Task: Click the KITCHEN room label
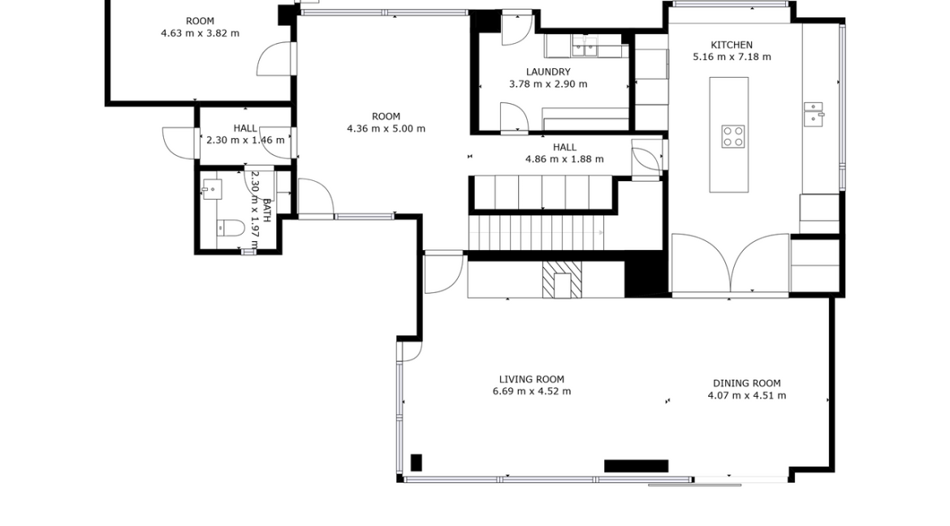(x=732, y=45)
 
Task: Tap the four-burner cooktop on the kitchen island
(x=733, y=136)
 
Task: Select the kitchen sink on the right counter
(x=813, y=114)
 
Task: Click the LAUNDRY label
(x=548, y=72)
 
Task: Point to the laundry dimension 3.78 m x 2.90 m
(x=548, y=84)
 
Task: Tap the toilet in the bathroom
(x=231, y=227)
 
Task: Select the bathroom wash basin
(x=212, y=190)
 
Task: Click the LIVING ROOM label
(x=531, y=379)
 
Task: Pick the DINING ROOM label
(x=746, y=384)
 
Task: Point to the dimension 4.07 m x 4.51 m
(x=746, y=395)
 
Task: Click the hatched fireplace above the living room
(x=562, y=279)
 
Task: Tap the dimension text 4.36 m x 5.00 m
(x=386, y=128)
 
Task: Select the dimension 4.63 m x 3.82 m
(x=200, y=33)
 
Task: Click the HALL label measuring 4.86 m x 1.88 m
(x=564, y=148)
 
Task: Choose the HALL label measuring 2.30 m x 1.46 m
(x=245, y=128)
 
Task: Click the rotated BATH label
(x=266, y=209)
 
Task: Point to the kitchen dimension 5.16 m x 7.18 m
(x=732, y=57)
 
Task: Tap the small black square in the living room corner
(x=417, y=463)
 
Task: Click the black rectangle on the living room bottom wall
(x=636, y=466)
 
